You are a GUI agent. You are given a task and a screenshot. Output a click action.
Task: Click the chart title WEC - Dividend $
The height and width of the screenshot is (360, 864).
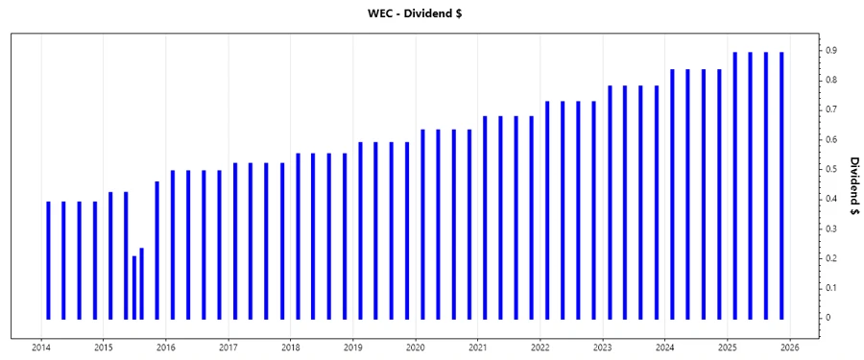432,12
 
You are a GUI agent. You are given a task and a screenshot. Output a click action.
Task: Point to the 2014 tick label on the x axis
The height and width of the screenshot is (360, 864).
41,348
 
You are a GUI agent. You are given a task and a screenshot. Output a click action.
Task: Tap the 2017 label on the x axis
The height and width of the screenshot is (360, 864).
228,348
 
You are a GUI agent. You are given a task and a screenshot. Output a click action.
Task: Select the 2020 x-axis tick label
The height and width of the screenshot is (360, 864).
416,348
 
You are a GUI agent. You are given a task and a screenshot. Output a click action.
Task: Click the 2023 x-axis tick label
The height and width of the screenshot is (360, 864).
603,348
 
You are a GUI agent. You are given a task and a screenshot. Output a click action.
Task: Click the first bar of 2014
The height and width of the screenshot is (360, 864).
48,259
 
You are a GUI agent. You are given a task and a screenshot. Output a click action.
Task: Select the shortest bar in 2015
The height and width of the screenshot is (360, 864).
133,287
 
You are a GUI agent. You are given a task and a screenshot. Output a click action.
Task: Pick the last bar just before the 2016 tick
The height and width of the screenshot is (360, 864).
156,250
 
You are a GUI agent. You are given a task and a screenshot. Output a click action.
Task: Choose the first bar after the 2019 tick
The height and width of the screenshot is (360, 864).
360,230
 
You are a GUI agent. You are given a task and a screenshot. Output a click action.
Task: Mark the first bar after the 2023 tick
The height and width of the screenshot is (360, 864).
610,202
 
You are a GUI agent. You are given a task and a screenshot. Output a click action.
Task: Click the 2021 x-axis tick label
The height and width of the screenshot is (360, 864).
478,348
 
